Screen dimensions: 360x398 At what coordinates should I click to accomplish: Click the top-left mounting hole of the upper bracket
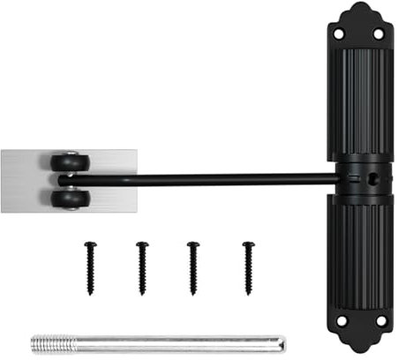coord(338,34)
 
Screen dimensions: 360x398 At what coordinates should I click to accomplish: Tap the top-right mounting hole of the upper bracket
coord(379,34)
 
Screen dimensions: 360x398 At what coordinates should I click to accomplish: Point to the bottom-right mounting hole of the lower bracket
coord(379,322)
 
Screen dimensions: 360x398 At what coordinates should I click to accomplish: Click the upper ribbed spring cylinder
coord(358,101)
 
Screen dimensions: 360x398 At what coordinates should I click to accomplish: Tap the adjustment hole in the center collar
coord(372,176)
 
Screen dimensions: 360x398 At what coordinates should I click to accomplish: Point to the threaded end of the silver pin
coord(49,342)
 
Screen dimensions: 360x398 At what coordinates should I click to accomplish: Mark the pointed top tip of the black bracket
coord(358,5)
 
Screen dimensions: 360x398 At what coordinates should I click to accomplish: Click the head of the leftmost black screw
coord(89,244)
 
